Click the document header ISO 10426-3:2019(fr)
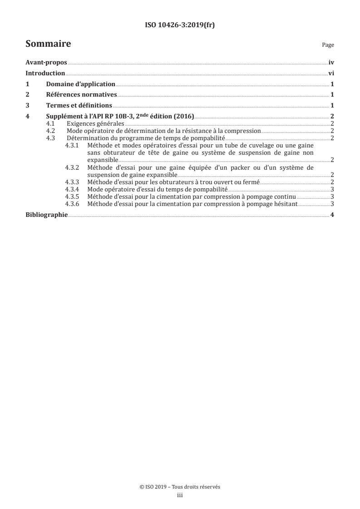(180, 25)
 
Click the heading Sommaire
(48, 44)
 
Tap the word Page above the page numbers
(328, 45)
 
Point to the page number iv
(331, 63)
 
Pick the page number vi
(331, 73)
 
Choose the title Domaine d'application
(81, 84)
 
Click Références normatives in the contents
(82, 95)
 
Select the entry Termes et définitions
(79, 106)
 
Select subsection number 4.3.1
(72, 146)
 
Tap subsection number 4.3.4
(72, 189)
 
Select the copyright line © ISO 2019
(180, 487)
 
